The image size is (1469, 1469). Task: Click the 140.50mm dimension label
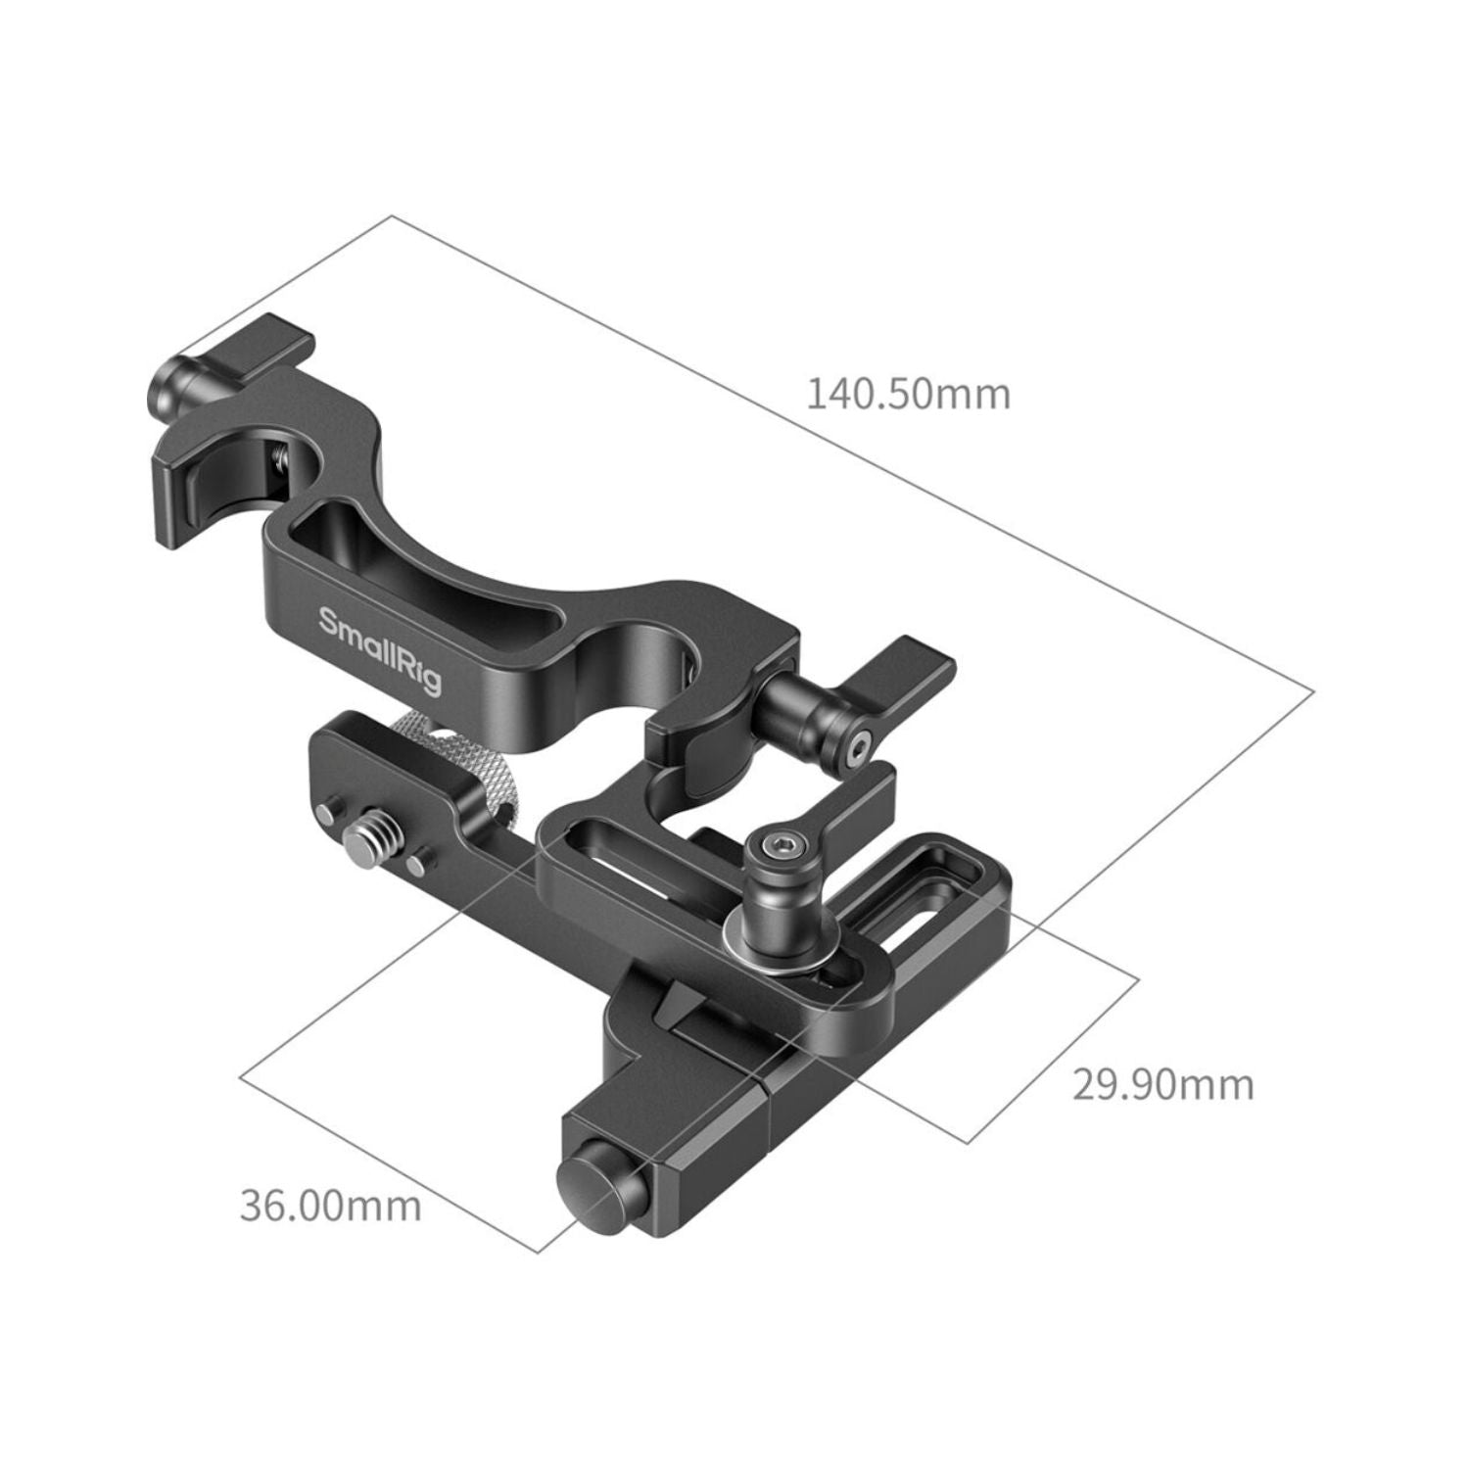908,395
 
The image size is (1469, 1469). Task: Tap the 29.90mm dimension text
1163,1084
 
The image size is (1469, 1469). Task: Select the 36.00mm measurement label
331,1205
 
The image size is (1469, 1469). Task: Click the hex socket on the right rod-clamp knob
859,746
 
